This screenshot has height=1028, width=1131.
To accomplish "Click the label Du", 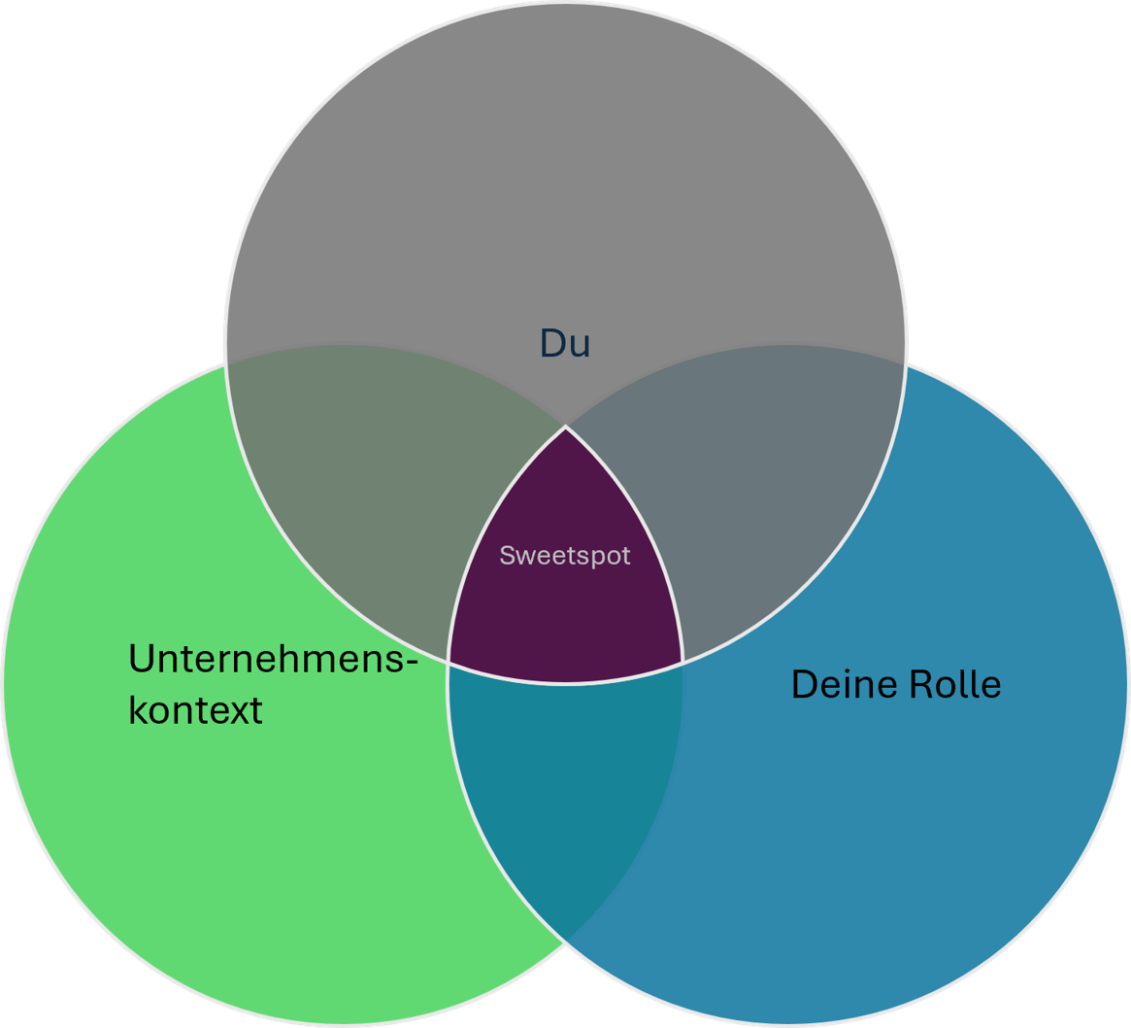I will [565, 343].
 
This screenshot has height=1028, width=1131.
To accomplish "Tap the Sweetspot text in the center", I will [565, 556].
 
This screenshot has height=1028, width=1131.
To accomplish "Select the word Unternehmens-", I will [273, 661].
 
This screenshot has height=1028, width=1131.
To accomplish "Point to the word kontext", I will [195, 710].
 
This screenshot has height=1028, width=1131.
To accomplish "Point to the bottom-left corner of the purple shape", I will [449, 662].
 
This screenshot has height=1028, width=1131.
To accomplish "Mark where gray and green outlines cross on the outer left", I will [226, 362].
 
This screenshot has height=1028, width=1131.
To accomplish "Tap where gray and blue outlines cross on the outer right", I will [905, 364].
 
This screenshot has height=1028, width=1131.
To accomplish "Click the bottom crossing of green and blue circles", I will [566, 941].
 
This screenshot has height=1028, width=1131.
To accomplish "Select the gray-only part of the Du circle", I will [565, 175].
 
